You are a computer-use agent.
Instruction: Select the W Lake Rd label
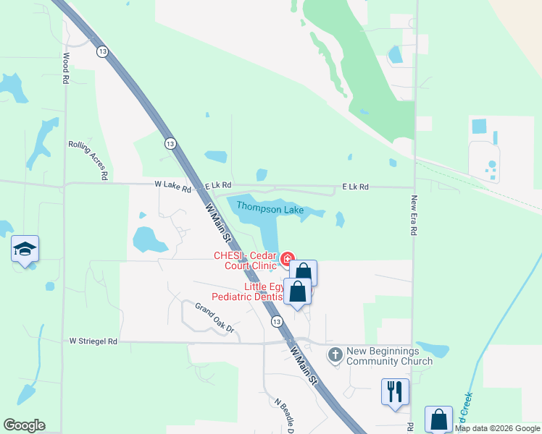click(172, 186)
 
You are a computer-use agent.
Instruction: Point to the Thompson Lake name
click(270, 209)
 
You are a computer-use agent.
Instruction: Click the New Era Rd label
click(414, 216)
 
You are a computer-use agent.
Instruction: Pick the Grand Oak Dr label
click(217, 319)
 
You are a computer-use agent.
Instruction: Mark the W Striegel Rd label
click(93, 341)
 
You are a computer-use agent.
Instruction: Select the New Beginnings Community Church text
click(389, 356)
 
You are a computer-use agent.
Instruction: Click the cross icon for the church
click(335, 354)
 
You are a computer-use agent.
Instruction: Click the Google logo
click(24, 425)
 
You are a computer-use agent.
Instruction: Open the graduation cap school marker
click(25, 250)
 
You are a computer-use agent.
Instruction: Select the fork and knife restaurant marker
click(395, 392)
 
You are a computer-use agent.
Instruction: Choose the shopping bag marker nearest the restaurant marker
click(438, 419)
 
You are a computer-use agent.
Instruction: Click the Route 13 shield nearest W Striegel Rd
click(277, 320)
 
